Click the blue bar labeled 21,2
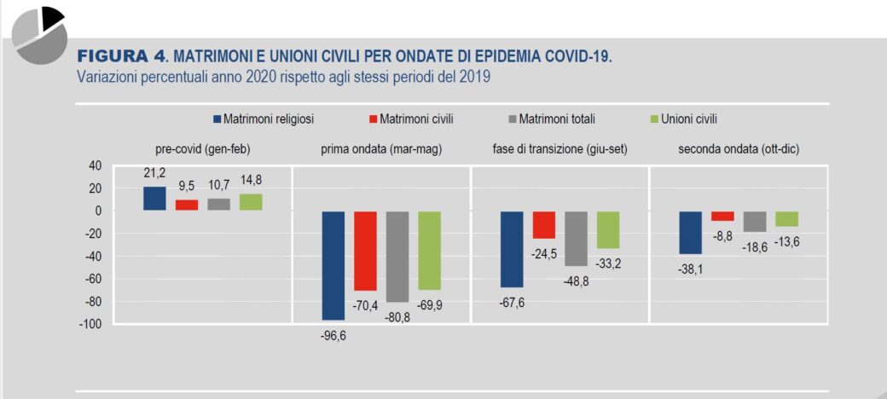coord(154,198)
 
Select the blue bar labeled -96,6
coord(333,265)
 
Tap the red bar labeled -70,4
coord(365,251)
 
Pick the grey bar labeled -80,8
coord(397,257)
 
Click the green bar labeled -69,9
coord(429,250)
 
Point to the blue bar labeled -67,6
coord(511,249)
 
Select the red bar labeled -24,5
coord(544,224)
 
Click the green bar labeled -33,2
coord(608,229)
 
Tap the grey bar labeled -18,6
coord(755,221)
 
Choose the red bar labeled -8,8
coord(722,216)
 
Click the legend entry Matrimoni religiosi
coord(263,119)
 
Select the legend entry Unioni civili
coord(687,119)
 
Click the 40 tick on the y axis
coord(94,165)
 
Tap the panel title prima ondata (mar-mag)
coord(380,149)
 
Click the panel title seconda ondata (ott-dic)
coord(739,149)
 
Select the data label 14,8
coord(250,182)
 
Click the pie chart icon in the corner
coord(40,34)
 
